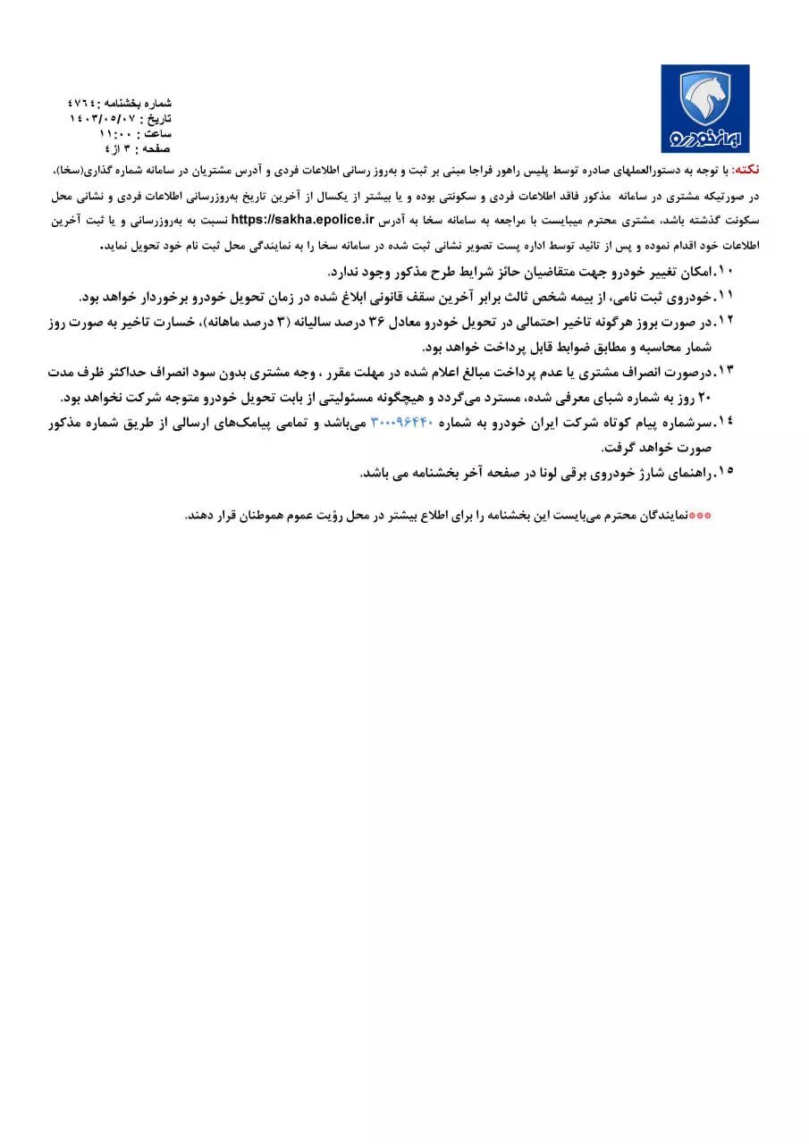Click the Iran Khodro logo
[x=704, y=108]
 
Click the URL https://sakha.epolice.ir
[x=295, y=219]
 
